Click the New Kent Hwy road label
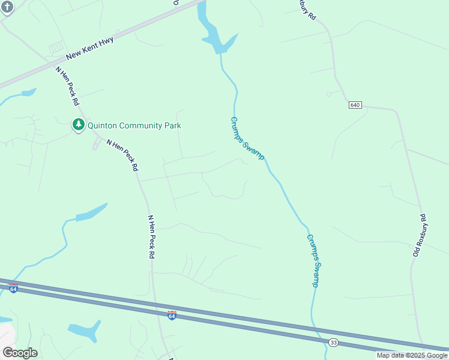click(90, 46)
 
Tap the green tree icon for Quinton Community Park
click(78, 125)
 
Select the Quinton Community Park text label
click(134, 125)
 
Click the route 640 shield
click(355, 105)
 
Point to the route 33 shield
click(333, 342)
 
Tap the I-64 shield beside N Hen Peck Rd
click(172, 314)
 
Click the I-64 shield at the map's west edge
click(13, 288)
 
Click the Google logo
click(20, 352)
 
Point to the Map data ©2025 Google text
click(412, 355)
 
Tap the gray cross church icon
click(7, 6)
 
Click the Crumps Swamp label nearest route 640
click(247, 138)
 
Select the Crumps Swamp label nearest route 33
click(313, 260)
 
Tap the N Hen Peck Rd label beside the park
click(122, 155)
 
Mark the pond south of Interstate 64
click(84, 329)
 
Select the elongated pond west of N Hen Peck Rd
click(90, 212)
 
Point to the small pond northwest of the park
click(28, 93)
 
